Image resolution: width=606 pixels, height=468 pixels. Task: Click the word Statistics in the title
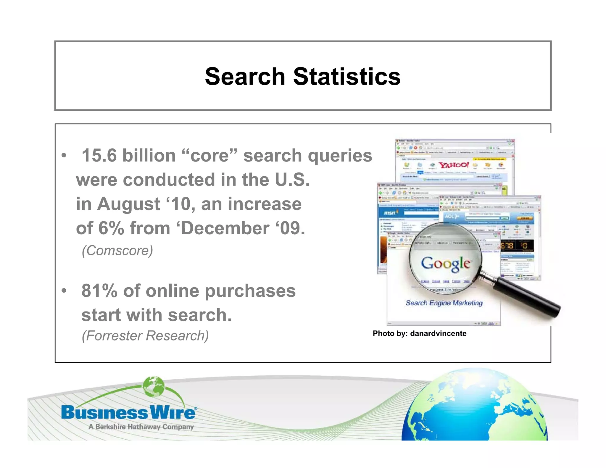(x=347, y=76)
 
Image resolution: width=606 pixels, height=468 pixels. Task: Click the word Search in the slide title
(x=245, y=76)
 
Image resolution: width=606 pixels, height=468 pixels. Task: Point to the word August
(x=129, y=204)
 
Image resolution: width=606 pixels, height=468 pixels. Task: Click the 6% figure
(x=111, y=228)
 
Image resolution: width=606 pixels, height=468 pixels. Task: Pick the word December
(x=223, y=228)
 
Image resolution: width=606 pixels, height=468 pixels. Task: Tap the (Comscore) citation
(x=117, y=251)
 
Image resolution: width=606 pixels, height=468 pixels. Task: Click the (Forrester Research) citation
(x=145, y=336)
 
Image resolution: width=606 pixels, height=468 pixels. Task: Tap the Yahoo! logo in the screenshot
(x=453, y=165)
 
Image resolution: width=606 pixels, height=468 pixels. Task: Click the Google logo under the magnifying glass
(x=446, y=263)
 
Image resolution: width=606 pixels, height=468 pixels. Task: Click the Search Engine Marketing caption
(x=444, y=303)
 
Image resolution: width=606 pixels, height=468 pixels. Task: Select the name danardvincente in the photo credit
(x=438, y=333)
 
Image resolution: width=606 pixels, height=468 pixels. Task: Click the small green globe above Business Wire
(x=153, y=387)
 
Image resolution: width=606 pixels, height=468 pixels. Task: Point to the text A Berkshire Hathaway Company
(x=141, y=427)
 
